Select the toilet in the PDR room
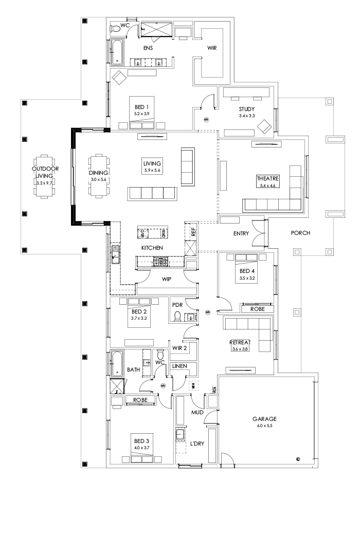pos(178,315)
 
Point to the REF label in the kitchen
pos(193,232)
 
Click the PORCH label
pos(300,233)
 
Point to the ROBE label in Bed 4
pos(258,309)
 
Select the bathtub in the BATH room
pos(117,364)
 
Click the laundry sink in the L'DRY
pos(181,435)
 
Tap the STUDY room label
pos(247,109)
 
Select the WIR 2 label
pos(179,348)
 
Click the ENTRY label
pos(241,233)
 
